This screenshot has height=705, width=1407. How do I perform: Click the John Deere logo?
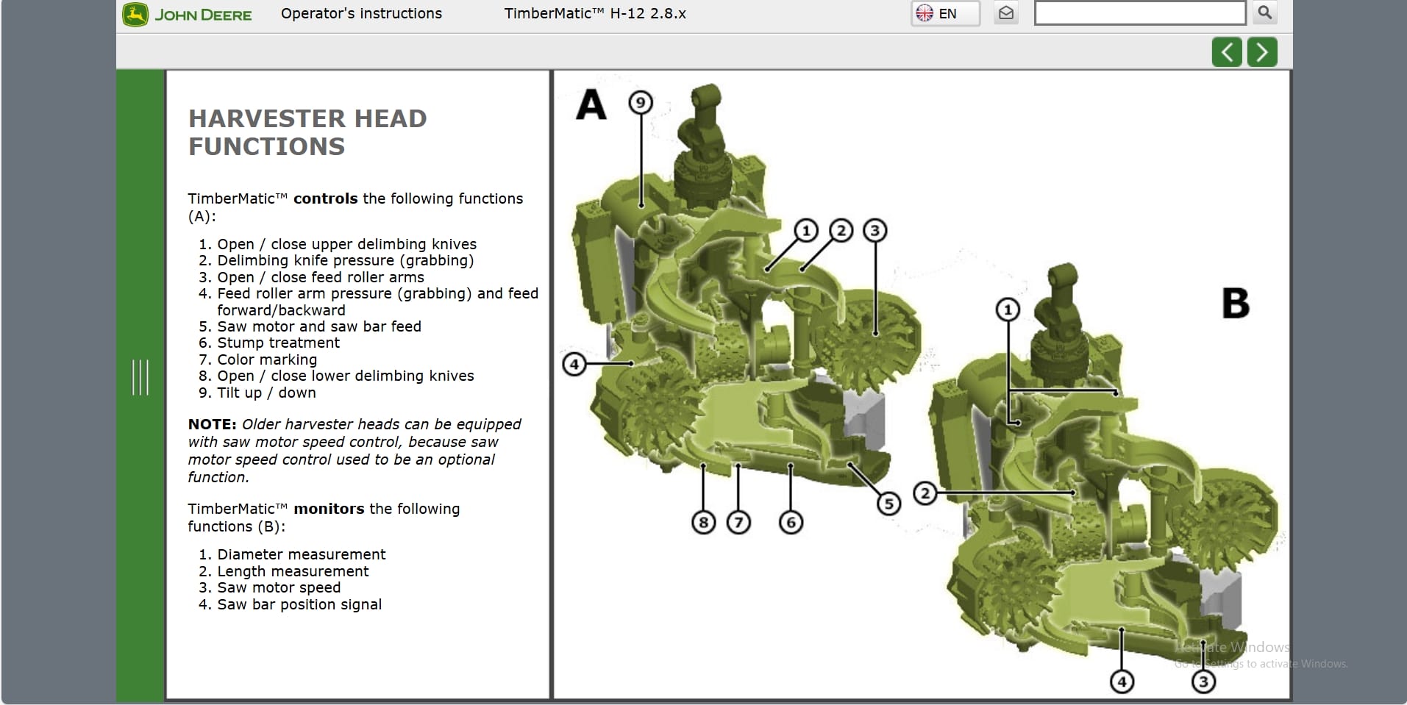[x=188, y=15]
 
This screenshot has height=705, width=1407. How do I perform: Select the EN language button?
[x=945, y=13]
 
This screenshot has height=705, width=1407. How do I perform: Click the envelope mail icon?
[x=1006, y=13]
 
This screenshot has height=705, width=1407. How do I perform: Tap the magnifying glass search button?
[x=1265, y=12]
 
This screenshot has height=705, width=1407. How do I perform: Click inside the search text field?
[x=1139, y=13]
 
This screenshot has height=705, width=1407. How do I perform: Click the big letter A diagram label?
[x=591, y=104]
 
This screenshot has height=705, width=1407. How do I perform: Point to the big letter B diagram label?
[x=1235, y=303]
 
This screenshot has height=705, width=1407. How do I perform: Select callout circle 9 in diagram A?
[x=641, y=102]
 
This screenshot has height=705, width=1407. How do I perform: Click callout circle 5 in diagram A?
[x=888, y=504]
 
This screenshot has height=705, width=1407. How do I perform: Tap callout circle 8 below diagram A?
[x=704, y=523]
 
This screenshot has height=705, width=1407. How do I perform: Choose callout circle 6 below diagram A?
[x=791, y=523]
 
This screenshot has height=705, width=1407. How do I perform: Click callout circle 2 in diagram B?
[x=925, y=493]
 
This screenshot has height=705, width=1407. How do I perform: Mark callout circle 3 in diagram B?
[x=1203, y=682]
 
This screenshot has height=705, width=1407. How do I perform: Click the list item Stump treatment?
[x=278, y=343]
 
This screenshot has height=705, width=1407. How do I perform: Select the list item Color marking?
[x=267, y=359]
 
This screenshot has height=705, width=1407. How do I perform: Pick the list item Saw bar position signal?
[x=299, y=604]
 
